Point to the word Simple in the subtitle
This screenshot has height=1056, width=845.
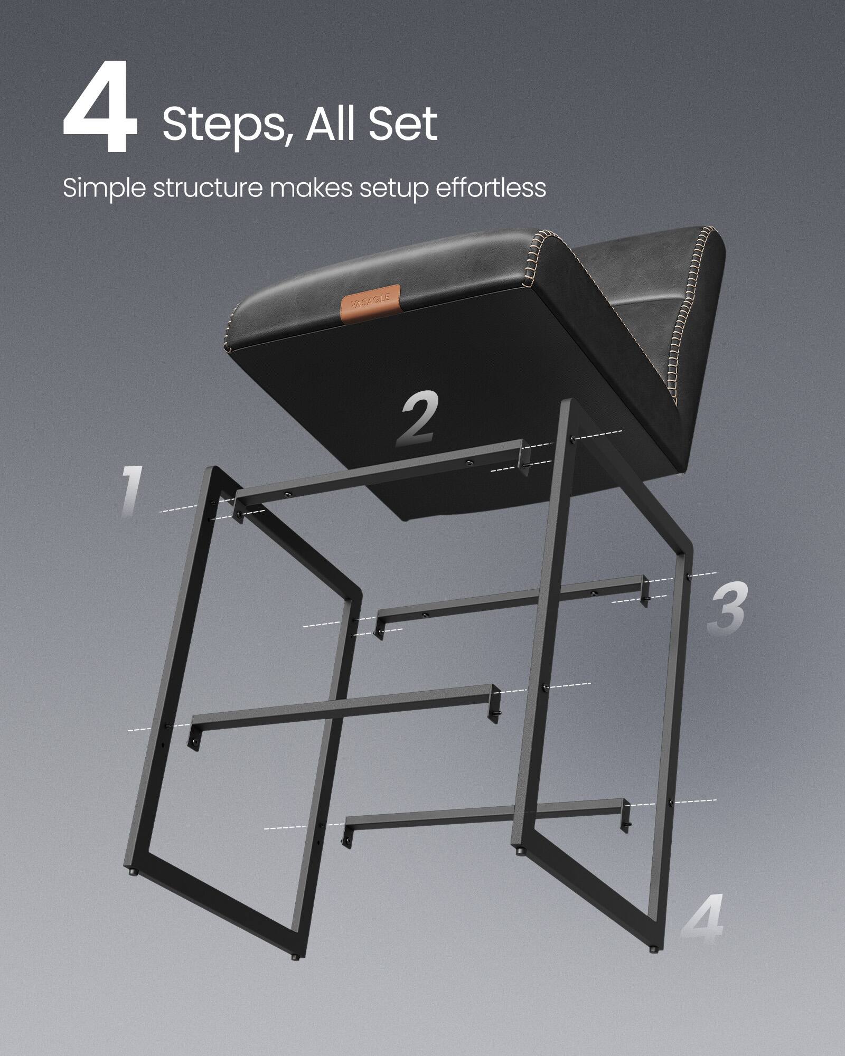point(105,189)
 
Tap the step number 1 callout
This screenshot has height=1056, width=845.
point(129,491)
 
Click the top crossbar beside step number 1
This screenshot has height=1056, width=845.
point(380,470)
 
